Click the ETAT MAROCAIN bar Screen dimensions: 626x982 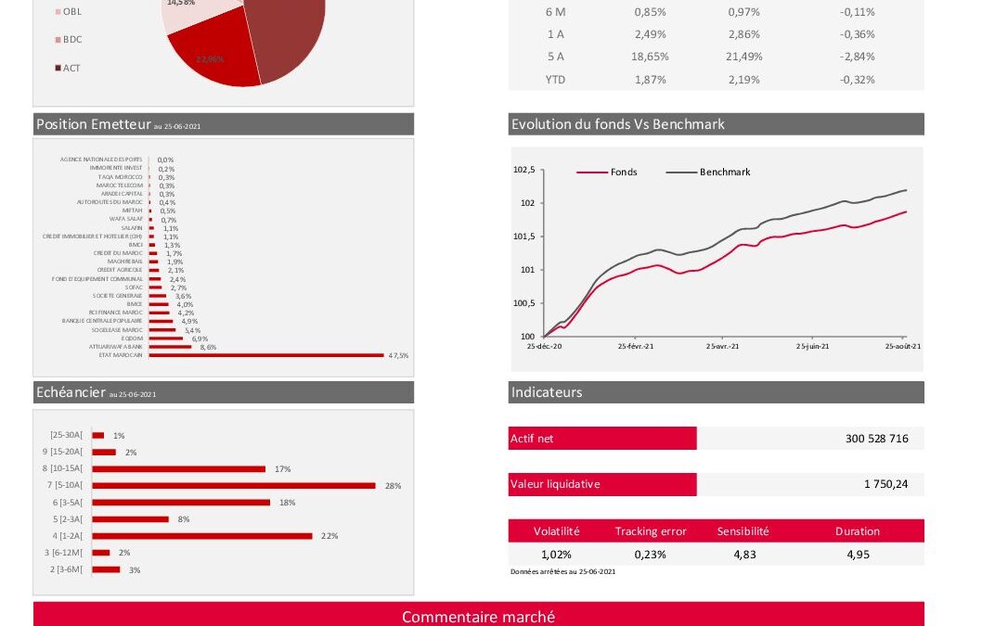tap(266, 355)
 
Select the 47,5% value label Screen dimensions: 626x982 tap(398, 355)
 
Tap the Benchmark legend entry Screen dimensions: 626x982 tap(724, 172)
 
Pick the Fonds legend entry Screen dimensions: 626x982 tap(624, 172)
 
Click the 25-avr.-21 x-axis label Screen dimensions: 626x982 tap(722, 346)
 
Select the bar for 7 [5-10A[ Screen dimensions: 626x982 tap(234, 485)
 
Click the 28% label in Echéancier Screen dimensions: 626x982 tap(393, 485)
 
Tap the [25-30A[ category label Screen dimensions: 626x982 tap(66, 435)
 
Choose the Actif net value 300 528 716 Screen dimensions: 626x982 tap(876, 438)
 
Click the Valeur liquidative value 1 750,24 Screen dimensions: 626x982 tap(885, 484)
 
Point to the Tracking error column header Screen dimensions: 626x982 tap(651, 531)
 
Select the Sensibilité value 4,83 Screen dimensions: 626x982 tap(743, 555)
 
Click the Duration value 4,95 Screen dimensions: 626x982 tap(857, 555)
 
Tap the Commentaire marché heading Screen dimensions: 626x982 tap(478, 617)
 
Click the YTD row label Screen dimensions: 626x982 tap(555, 80)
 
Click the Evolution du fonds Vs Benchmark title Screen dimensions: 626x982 tap(617, 124)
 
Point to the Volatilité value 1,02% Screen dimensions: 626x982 tap(556, 555)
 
